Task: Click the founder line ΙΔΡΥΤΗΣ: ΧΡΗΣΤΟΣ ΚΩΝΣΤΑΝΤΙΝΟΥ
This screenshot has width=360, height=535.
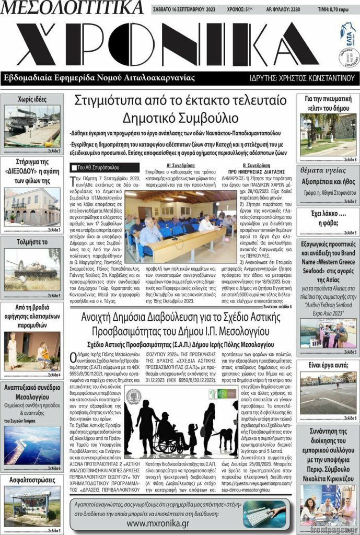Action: click(304, 78)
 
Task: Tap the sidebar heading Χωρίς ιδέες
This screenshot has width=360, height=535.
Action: click(32, 99)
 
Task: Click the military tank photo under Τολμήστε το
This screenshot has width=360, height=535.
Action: click(32, 269)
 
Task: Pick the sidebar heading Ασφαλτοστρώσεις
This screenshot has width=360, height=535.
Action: click(32, 480)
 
